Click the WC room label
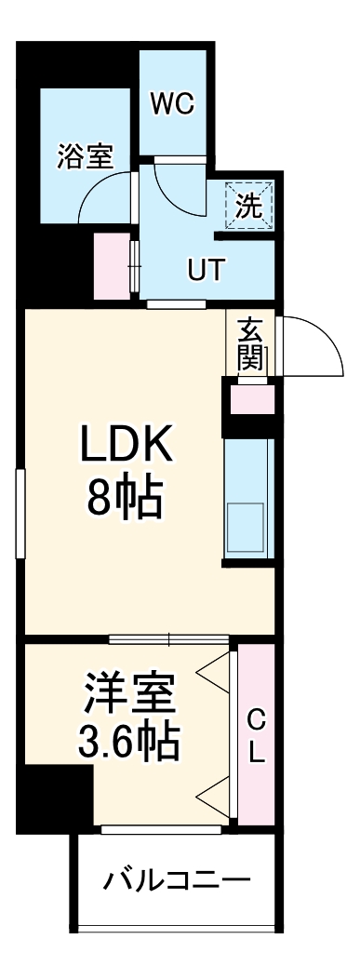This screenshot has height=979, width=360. pyautogui.click(x=172, y=104)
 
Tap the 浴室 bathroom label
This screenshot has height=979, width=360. pyautogui.click(x=85, y=157)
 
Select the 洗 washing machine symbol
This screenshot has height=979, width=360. pyautogui.click(x=248, y=207)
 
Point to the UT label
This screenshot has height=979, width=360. pyautogui.click(x=206, y=271)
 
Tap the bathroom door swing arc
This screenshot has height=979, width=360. pyautogui.click(x=102, y=190)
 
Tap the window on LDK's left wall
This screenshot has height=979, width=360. pyautogui.click(x=20, y=514)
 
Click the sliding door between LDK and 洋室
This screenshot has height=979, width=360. pyautogui.click(x=168, y=638)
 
